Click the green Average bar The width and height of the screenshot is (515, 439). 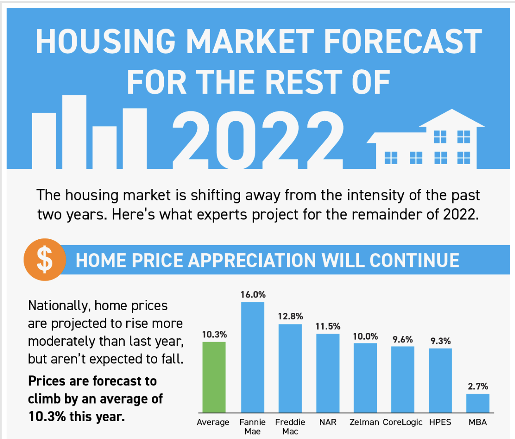click(x=214, y=377)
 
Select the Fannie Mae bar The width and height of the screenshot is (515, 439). click(x=253, y=357)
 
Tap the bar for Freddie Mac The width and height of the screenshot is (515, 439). click(x=290, y=368)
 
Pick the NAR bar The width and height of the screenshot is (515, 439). click(x=328, y=373)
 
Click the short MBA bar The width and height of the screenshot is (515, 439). click(x=478, y=403)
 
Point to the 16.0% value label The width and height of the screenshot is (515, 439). click(x=253, y=295)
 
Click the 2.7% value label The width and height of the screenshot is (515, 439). click(x=478, y=386)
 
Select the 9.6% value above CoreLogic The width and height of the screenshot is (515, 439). click(x=403, y=339)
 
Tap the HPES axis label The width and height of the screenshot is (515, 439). click(x=440, y=422)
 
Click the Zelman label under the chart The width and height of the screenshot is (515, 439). click(x=364, y=422)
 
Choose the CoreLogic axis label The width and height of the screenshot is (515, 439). click(x=402, y=422)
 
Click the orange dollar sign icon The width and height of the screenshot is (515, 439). click(x=45, y=260)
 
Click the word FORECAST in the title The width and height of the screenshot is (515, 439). click(x=403, y=41)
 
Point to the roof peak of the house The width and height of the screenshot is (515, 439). click(x=452, y=111)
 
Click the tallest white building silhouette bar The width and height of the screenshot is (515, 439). click(x=74, y=132)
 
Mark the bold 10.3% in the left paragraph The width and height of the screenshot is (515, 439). click(x=47, y=416)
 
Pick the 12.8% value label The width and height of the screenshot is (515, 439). click(x=290, y=316)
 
